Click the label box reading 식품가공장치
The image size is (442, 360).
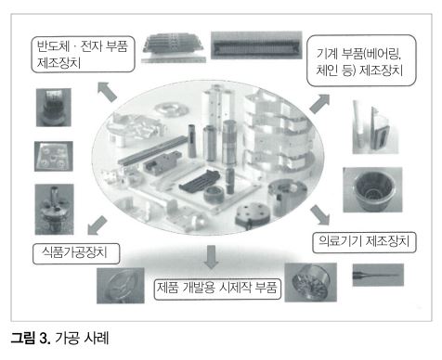76,253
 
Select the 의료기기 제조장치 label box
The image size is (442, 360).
364,242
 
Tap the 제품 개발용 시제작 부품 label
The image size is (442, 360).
217,289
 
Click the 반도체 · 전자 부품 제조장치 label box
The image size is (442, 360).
83,55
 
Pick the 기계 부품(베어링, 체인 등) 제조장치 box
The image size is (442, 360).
361,60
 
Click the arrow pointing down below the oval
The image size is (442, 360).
211,257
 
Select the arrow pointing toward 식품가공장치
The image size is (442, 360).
97,225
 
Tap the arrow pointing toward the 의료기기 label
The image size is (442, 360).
320,214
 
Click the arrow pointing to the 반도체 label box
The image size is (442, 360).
107,92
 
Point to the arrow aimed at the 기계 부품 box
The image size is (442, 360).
319,104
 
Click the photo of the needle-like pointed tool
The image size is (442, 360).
378,275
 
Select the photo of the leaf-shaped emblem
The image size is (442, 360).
121,285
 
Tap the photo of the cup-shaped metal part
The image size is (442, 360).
372,189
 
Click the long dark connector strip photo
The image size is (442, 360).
256,45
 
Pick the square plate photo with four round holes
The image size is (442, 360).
54,156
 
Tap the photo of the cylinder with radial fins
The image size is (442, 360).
311,282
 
